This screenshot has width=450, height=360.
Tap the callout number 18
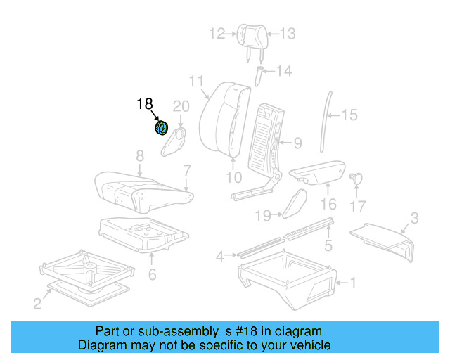point(144,104)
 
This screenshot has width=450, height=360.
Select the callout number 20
point(181,106)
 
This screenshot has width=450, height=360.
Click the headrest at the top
point(252,33)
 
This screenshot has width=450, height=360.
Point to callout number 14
point(283,71)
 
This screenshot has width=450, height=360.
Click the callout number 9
point(297,143)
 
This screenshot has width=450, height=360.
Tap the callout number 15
point(349,114)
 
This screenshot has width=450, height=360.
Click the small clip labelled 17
point(356,179)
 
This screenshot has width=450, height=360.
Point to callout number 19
point(263,214)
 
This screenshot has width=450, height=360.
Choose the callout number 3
point(414,219)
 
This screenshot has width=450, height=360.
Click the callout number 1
point(353,284)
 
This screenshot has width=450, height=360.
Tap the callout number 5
point(327,245)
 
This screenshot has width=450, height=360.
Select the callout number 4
point(220,257)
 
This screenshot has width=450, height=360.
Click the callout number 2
point(37,304)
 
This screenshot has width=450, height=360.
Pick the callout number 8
point(140,155)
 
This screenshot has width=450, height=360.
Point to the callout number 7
point(187,169)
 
